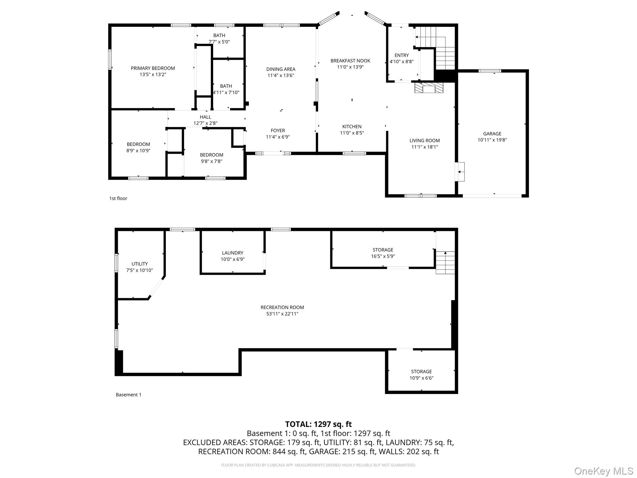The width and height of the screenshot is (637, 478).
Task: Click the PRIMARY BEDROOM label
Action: pos(153,68)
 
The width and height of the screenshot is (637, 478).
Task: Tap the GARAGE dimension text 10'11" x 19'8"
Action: pos(492,140)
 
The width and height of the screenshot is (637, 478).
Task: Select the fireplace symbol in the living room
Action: pos(428,88)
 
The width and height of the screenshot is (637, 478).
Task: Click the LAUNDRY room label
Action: pos(232,253)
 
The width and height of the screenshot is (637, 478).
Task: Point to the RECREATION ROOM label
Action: pos(282,307)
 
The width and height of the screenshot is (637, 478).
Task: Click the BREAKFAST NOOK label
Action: pos(350,61)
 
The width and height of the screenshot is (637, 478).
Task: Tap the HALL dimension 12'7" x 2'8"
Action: pos(205,123)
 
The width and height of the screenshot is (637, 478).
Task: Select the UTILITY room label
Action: pos(139,264)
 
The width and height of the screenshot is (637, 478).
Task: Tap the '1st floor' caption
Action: pos(118,198)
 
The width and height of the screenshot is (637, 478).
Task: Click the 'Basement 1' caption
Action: pos(128,395)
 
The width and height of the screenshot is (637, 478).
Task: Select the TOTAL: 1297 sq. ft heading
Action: pos(318,424)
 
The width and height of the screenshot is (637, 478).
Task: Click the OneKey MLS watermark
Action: pos(603,471)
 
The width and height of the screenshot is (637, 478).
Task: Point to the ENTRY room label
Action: pos(401,55)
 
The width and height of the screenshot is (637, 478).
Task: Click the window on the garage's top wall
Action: pos(490,71)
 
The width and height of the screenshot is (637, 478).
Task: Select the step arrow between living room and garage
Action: pos(460,171)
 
